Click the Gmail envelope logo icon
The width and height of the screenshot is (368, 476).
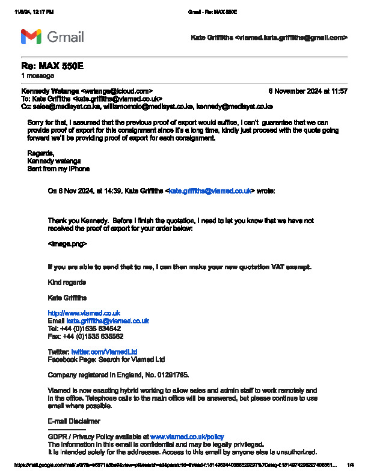(31, 37)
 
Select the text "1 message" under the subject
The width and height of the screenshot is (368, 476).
(37, 76)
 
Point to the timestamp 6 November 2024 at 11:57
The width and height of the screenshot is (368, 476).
(307, 91)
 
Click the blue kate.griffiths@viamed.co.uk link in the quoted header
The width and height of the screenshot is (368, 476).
(210, 191)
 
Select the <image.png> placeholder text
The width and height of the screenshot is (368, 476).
(67, 244)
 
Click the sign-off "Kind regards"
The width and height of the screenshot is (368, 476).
(66, 282)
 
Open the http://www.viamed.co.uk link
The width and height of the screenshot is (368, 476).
(84, 313)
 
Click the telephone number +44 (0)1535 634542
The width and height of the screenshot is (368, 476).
(90, 329)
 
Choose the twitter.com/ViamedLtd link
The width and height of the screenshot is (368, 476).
(104, 352)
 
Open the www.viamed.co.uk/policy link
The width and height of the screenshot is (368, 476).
(187, 436)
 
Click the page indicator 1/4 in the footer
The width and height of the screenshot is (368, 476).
(351, 465)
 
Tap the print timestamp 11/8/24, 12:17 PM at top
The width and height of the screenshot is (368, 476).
(34, 12)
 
